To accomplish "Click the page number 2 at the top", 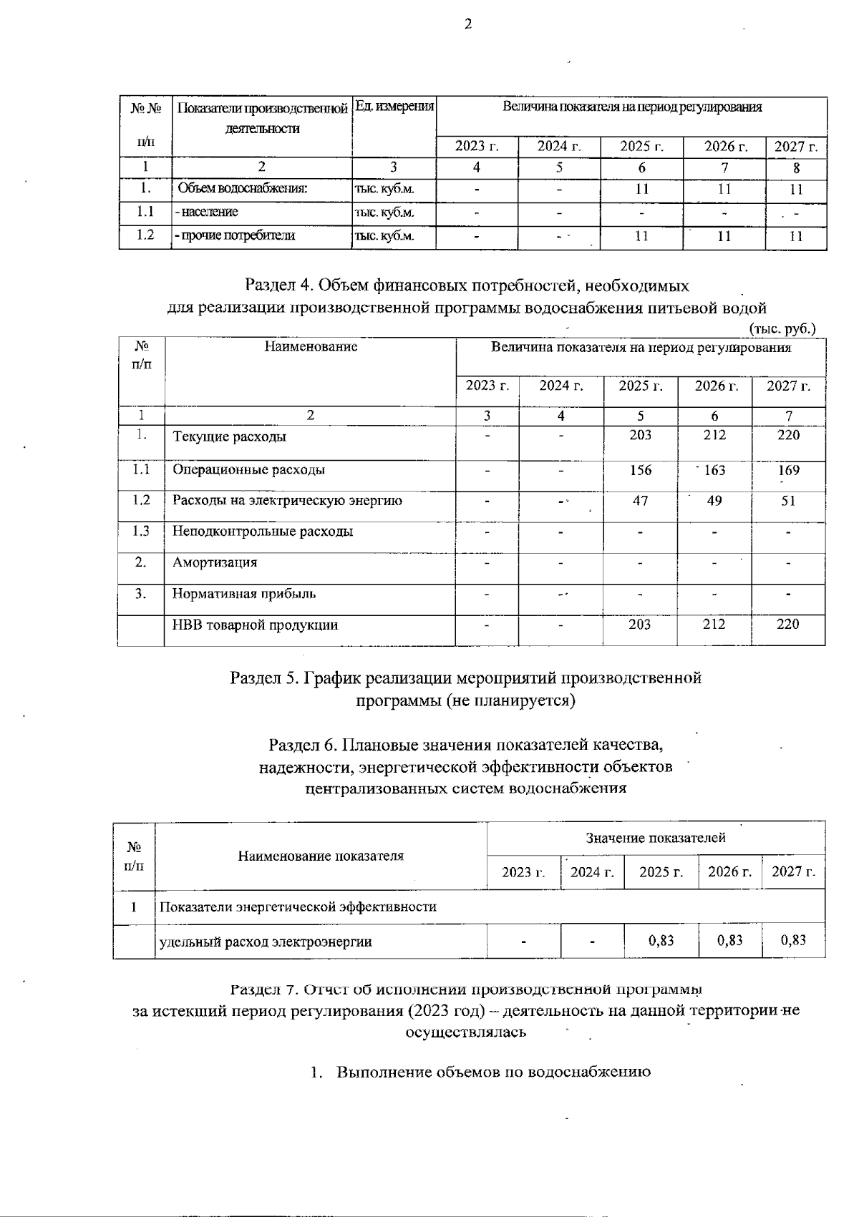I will coord(468,25).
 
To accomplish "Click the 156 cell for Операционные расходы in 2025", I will coord(641,470).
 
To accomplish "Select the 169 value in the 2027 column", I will coord(788,470).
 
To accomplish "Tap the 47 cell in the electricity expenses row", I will coord(641,501).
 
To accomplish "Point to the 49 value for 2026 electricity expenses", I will coord(714,501).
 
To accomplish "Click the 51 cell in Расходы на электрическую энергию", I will coord(788,501).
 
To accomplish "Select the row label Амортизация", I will coord(215,562).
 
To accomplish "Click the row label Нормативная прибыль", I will coord(244,594).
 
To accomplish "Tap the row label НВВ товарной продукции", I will coord(256,625).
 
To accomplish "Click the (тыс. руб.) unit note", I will coord(782,328).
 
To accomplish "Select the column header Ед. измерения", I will coord(394,107).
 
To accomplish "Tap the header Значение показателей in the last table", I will coord(656,838).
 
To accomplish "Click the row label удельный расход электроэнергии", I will coord(266,942).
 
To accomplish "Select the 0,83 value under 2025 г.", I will coord(661,940).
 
